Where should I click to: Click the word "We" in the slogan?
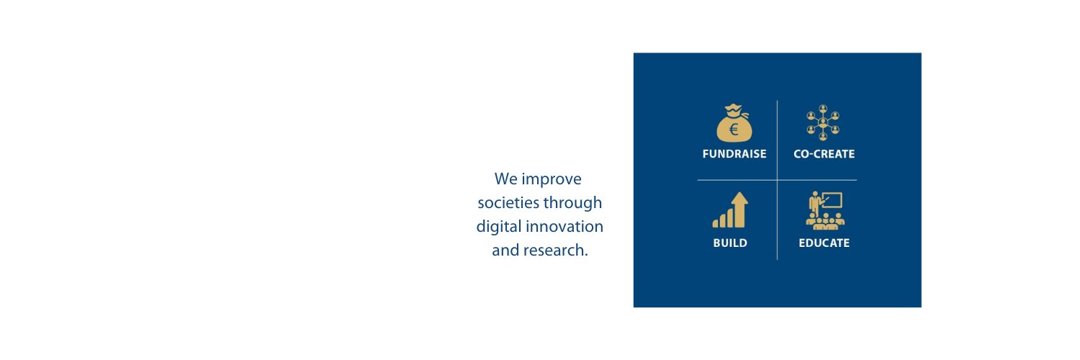tap(505, 179)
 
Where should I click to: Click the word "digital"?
tap(498, 227)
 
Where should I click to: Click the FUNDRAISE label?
tap(734, 154)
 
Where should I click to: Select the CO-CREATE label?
tap(824, 154)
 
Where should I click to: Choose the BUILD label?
tap(730, 243)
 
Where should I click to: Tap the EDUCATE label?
tap(824, 243)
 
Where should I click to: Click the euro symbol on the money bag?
tap(734, 130)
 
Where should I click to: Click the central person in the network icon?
tap(823, 122)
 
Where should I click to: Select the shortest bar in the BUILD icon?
tap(716, 223)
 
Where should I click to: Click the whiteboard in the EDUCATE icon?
tap(832, 199)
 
